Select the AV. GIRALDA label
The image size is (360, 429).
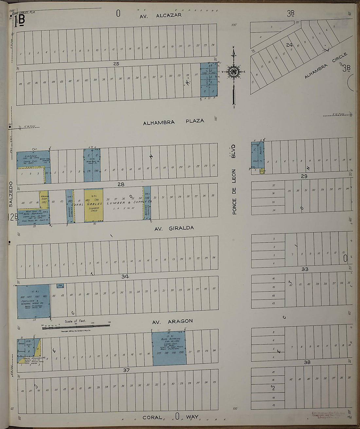(174, 228)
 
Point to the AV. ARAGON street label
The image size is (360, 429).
(173, 321)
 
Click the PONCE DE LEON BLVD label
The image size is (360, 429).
(234, 180)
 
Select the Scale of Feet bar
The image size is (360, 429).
(76, 326)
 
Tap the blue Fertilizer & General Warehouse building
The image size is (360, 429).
(33, 301)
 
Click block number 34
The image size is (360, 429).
(125, 277)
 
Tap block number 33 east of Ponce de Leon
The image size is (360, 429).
(305, 269)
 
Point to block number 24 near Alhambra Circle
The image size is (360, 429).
(289, 44)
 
